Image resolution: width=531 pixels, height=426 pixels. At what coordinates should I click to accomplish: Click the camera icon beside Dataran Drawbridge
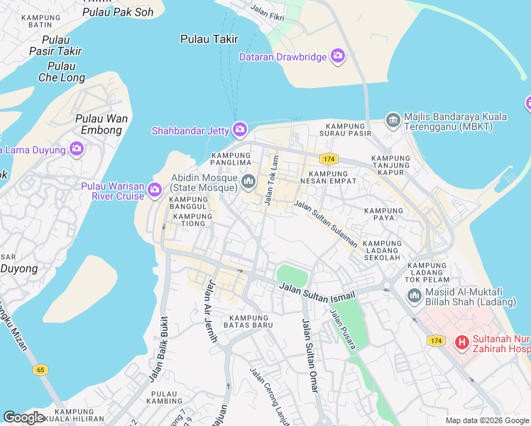[338, 56]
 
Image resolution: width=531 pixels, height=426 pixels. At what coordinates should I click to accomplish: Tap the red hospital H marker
[462, 344]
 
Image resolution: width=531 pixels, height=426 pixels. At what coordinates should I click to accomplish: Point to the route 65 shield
[40, 369]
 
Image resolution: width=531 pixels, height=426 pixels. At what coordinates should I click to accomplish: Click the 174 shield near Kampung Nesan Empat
[328, 159]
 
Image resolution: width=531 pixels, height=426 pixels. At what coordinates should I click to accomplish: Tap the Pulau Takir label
[209, 40]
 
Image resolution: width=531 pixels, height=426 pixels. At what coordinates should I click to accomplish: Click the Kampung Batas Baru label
[248, 320]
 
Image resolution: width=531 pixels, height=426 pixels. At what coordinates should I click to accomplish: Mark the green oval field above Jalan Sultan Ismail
[292, 275]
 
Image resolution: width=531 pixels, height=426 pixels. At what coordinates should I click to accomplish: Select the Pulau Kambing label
[164, 398]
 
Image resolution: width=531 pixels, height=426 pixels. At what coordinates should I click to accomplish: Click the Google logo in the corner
[23, 417]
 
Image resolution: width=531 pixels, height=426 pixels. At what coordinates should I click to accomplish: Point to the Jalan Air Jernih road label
[211, 311]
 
